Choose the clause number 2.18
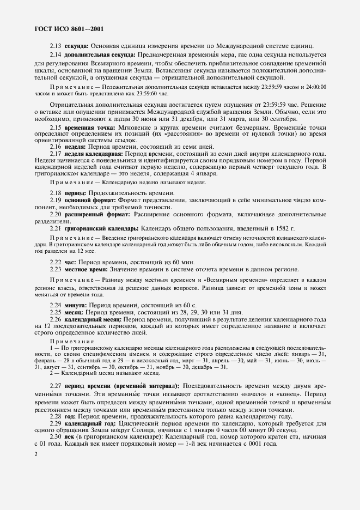click(x=56, y=193)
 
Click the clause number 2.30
click(x=56, y=436)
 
